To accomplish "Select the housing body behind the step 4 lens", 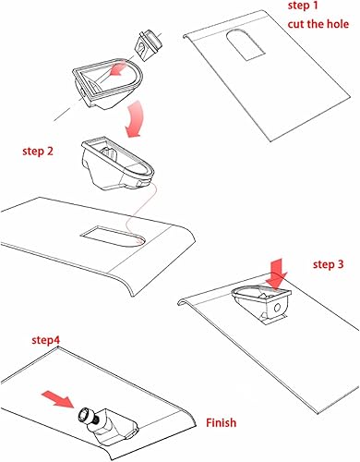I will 116,424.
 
